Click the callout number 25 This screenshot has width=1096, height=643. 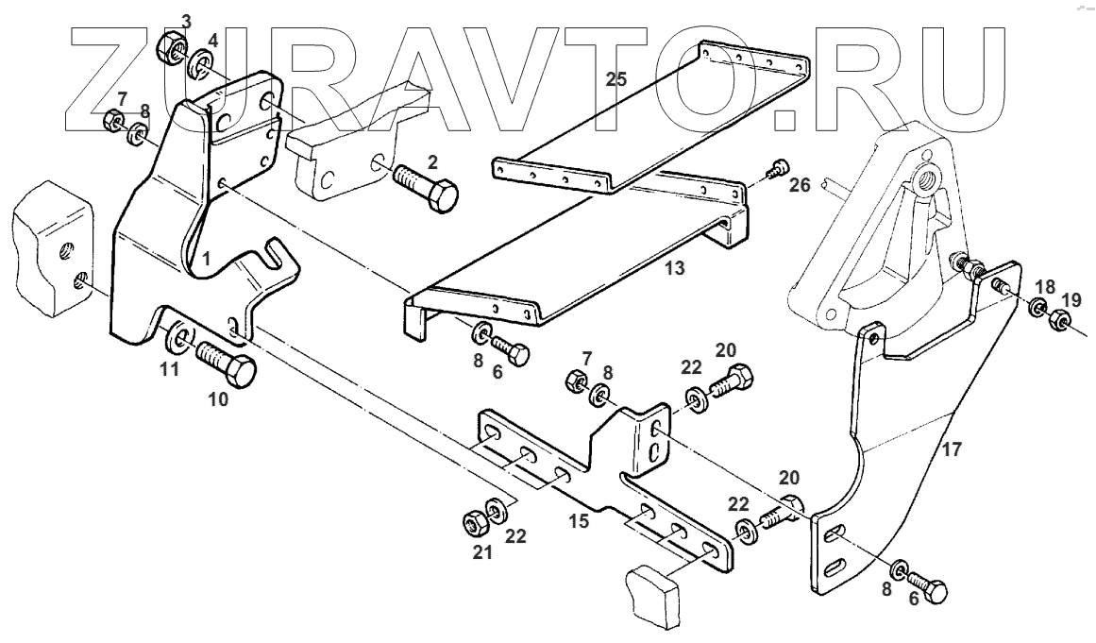click(615, 79)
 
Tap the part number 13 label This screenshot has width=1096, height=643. click(673, 269)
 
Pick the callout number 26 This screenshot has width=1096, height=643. click(799, 185)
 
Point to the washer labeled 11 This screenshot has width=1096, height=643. click(177, 337)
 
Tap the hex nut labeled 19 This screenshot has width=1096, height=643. click(1058, 323)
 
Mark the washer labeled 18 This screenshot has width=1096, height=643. click(1036, 308)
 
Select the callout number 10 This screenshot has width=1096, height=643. click(218, 399)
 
